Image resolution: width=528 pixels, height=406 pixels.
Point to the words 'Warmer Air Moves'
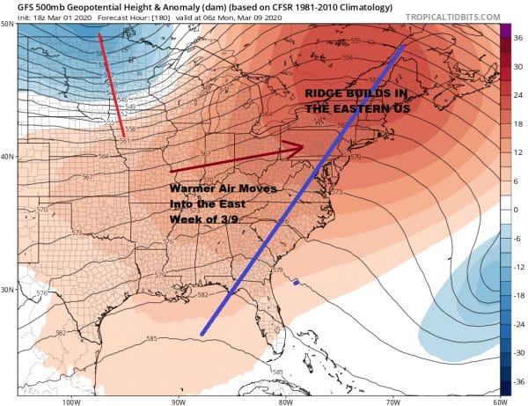[216, 189]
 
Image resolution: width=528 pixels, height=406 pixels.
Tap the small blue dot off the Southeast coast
[297, 283]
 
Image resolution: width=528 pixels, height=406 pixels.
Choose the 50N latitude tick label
[7, 23]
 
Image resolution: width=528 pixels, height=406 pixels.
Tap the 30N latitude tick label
[7, 289]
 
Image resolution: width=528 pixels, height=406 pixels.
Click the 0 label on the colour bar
[517, 209]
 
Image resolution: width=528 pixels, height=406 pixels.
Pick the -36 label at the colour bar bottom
[517, 380]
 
